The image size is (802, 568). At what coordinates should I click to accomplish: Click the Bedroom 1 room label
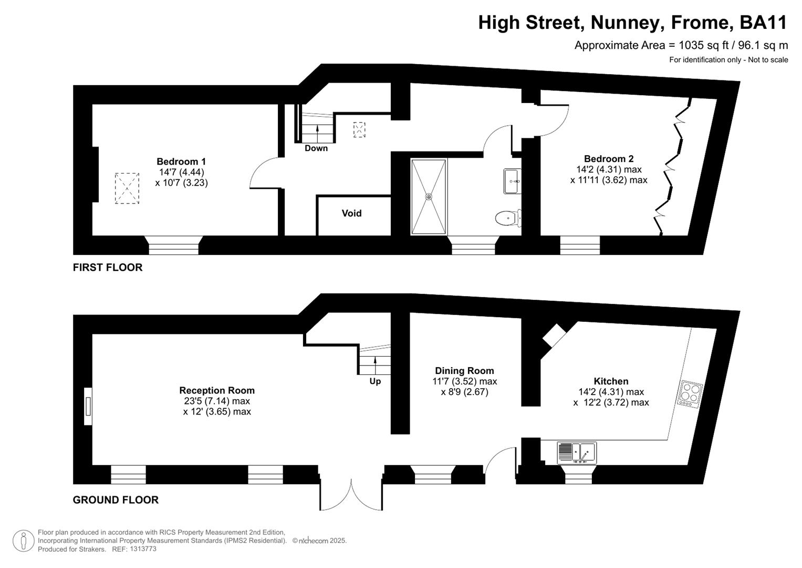point(181,161)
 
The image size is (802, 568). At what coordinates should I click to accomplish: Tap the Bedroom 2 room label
point(609,159)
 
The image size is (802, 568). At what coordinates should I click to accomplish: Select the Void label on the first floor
point(351,213)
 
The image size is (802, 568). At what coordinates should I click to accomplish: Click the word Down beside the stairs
point(316,148)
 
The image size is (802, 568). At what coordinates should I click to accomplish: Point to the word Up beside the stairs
point(375,381)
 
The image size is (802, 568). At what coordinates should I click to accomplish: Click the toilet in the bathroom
point(508,218)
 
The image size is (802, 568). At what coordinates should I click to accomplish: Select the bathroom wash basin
point(512,181)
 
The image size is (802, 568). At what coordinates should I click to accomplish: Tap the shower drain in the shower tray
point(429,197)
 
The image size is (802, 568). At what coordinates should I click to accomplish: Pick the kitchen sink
point(577,453)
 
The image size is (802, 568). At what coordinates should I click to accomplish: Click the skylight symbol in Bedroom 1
point(127,188)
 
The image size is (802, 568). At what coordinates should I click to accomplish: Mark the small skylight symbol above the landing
point(359,129)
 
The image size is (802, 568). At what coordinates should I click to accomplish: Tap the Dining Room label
point(464,371)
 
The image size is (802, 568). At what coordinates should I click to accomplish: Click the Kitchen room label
point(611,381)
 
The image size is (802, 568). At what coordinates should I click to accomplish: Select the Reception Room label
point(217,390)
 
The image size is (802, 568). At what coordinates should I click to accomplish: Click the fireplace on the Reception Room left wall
point(88,407)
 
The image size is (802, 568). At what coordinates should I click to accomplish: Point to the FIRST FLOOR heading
point(108,267)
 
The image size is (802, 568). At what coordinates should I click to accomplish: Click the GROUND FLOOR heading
point(116,500)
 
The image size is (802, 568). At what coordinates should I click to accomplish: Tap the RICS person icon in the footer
point(23,541)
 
